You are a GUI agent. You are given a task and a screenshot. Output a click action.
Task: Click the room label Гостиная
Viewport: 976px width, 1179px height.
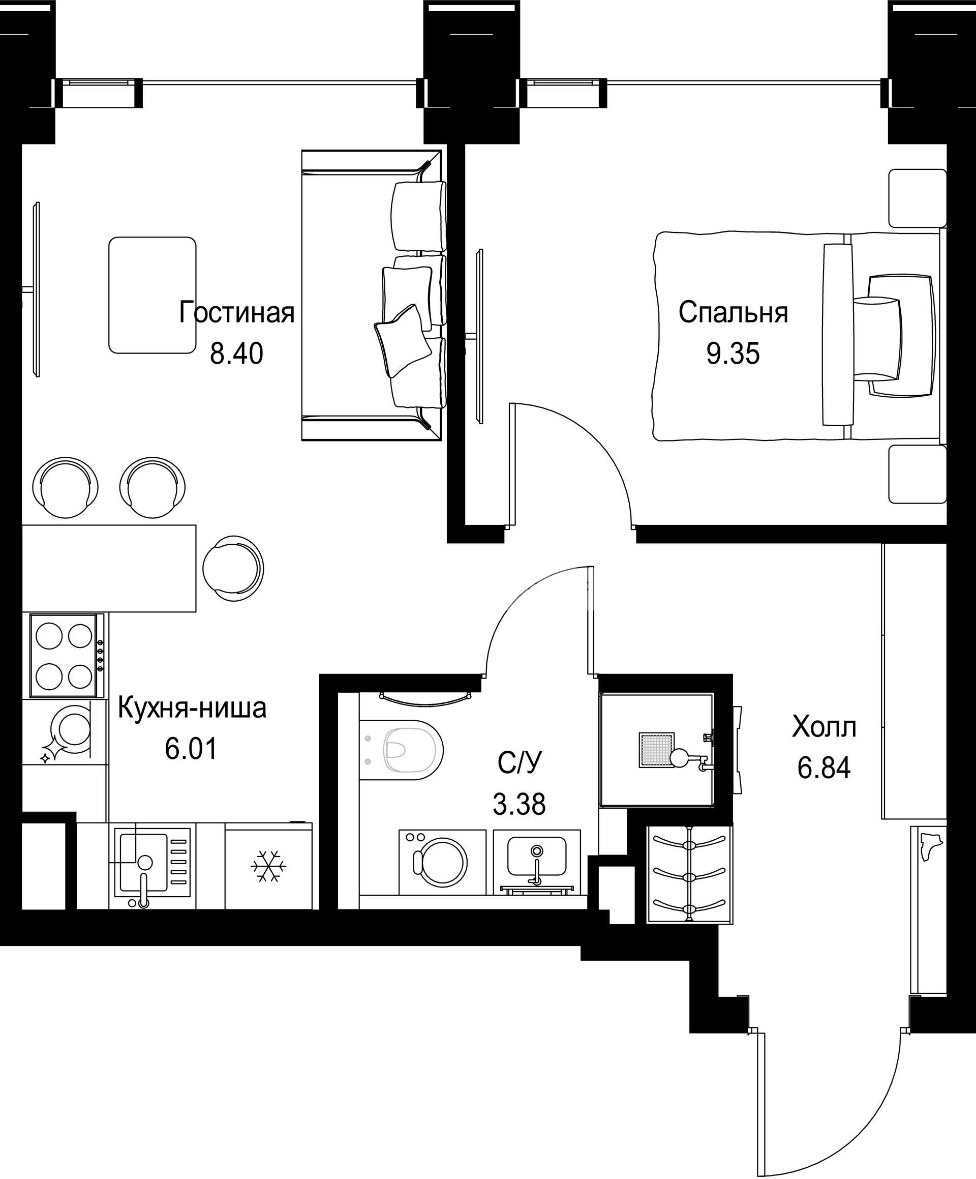click(x=237, y=313)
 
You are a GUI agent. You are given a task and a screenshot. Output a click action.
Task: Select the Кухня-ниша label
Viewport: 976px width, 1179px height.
click(x=192, y=709)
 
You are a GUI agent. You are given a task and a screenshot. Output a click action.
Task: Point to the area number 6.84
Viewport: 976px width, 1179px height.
click(x=824, y=768)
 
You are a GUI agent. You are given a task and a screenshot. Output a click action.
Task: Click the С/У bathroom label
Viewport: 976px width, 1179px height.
click(x=520, y=763)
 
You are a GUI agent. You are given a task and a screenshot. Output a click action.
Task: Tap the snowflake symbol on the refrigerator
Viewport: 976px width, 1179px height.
click(x=268, y=865)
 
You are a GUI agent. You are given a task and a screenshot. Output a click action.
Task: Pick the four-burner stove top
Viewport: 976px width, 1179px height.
click(x=67, y=656)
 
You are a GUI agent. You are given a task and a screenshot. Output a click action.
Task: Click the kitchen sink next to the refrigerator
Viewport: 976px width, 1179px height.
click(x=152, y=866)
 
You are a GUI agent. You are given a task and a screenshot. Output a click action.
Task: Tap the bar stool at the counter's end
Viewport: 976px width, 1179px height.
click(x=232, y=568)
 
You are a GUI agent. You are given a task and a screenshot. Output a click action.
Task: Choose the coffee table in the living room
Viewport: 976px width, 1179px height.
click(x=152, y=296)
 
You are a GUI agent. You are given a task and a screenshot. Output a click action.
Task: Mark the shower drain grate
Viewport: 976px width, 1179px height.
click(x=656, y=750)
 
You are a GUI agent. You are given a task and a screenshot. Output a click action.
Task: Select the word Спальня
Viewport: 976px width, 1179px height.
click(x=733, y=313)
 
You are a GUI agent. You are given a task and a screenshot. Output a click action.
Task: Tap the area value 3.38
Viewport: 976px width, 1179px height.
click(x=519, y=804)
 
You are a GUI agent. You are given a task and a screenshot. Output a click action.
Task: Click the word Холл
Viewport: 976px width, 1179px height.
click(x=824, y=728)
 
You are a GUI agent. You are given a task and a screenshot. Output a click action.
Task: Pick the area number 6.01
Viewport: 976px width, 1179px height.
click(x=191, y=749)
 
